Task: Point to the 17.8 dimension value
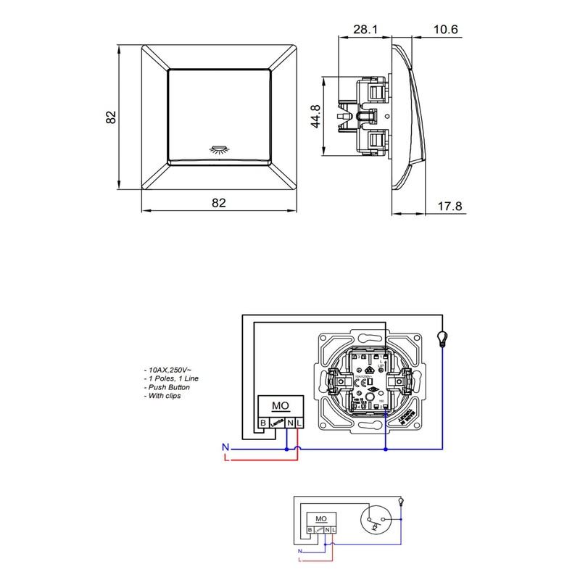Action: click(449, 207)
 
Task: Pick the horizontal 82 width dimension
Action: click(218, 204)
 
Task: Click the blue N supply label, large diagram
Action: click(225, 447)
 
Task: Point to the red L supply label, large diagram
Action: click(225, 459)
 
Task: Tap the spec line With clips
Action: click(163, 396)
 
